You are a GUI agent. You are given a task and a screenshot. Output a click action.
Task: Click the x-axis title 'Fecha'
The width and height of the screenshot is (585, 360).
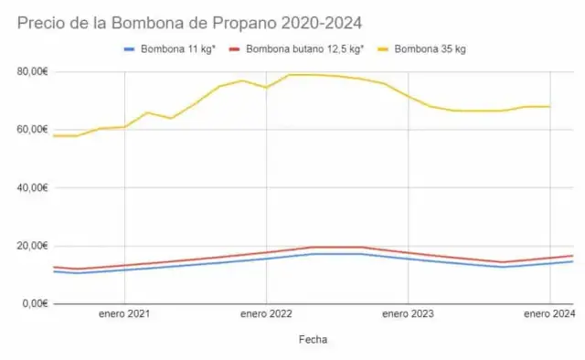pos(313,339)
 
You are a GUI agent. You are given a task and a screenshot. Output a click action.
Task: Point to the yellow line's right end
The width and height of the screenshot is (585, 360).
pos(549,107)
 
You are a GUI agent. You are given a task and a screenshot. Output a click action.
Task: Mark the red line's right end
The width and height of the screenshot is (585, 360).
pos(573,256)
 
